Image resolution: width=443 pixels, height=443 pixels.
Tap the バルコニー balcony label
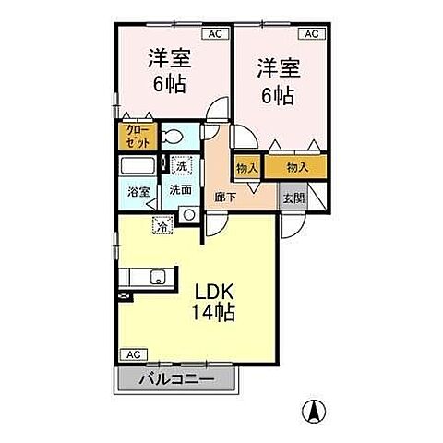click(176, 379)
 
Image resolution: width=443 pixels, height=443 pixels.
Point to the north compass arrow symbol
click(315, 411)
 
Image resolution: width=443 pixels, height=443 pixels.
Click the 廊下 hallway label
click(226, 197)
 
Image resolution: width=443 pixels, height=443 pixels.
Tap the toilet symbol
click(172, 138)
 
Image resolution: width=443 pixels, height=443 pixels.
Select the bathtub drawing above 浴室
click(139, 166)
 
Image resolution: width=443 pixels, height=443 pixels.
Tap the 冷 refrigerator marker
click(162, 222)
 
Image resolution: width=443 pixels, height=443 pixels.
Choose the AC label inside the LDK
click(132, 354)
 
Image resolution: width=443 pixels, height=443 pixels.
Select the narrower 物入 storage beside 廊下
click(245, 167)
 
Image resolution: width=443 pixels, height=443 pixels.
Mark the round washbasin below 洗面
click(189, 214)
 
